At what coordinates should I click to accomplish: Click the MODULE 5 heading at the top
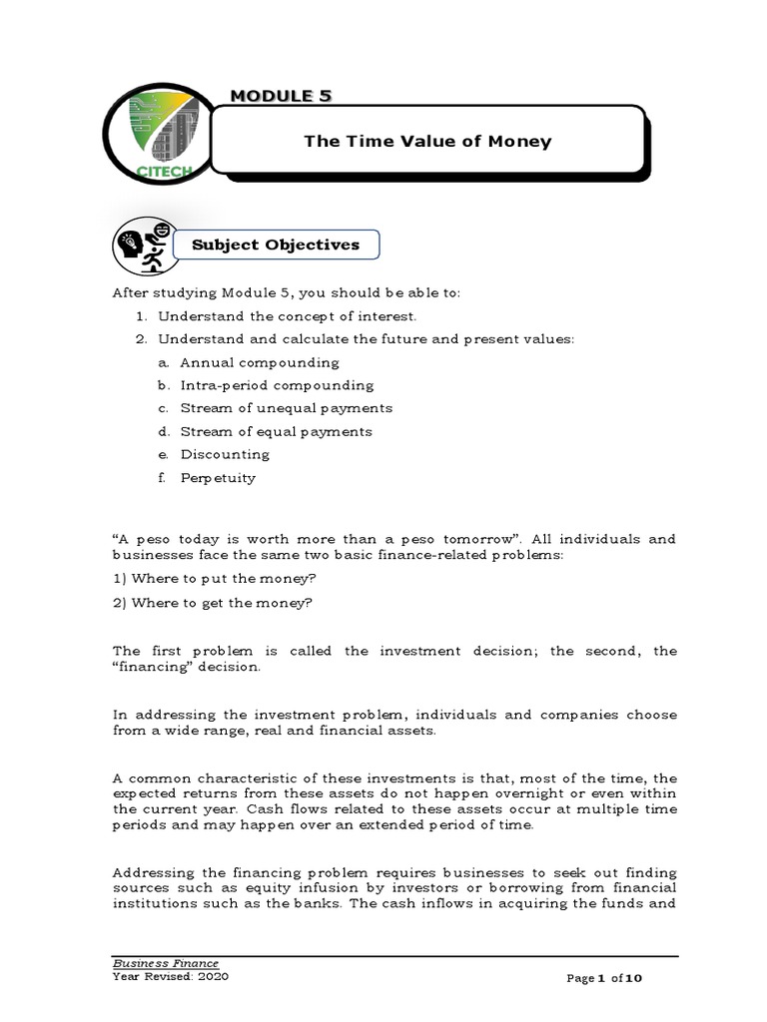coord(281,95)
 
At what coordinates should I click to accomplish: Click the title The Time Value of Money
coord(427,141)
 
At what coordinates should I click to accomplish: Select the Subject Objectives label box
coord(268,245)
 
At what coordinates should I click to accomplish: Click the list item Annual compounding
coord(260,362)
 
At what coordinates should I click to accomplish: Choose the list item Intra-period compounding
coord(277,385)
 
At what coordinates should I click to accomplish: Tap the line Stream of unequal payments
coord(286,408)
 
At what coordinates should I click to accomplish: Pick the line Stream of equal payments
coord(276,431)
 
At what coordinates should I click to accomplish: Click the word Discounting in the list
coord(225,454)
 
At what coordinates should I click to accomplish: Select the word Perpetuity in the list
coord(218,477)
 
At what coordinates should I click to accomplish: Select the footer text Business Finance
coord(165,963)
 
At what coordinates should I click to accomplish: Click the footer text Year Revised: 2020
coord(171,977)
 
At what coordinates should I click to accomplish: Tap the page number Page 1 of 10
coord(609,979)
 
